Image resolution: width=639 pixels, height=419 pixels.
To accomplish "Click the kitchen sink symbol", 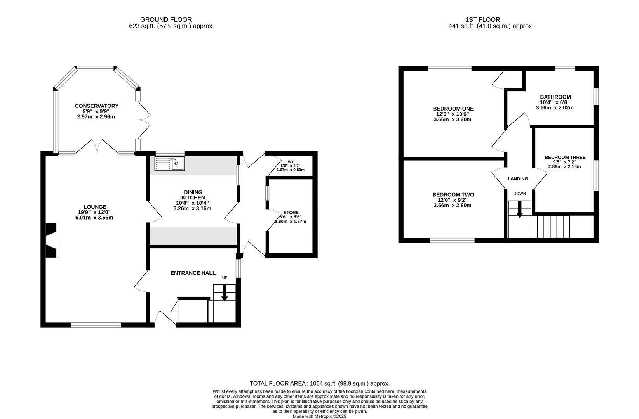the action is tap(169, 163).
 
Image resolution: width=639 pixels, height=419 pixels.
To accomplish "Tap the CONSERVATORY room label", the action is tap(97, 106).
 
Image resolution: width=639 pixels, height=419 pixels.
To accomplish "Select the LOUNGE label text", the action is tap(95, 207).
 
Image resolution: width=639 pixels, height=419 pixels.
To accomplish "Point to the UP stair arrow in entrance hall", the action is tap(225, 293).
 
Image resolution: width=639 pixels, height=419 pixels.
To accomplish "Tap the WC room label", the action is tap(291, 162).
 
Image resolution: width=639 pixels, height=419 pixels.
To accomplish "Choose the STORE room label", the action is tap(291, 213).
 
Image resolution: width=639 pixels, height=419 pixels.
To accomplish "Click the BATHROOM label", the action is tap(555, 97).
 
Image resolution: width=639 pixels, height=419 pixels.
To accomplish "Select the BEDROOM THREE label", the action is tap(565, 157).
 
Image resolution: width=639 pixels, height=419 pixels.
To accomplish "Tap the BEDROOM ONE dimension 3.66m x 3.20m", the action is tap(453, 119).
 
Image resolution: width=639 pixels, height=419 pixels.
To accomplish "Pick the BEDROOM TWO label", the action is tap(453, 194).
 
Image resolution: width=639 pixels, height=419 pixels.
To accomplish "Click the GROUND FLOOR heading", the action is tap(166, 20).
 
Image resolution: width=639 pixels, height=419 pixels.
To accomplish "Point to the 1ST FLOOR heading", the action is tap(483, 20).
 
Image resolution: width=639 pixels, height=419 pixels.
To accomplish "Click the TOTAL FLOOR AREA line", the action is tap(319, 383).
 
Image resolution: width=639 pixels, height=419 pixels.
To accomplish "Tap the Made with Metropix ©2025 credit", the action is tap(319, 416).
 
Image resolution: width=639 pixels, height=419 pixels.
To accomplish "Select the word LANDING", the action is tap(518, 178).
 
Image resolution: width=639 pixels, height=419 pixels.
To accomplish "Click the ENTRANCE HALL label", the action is tap(193, 273).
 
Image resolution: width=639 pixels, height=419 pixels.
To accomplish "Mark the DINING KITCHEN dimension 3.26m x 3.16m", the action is tap(192, 208).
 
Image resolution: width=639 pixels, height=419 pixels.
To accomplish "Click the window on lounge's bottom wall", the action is tap(96, 325).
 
